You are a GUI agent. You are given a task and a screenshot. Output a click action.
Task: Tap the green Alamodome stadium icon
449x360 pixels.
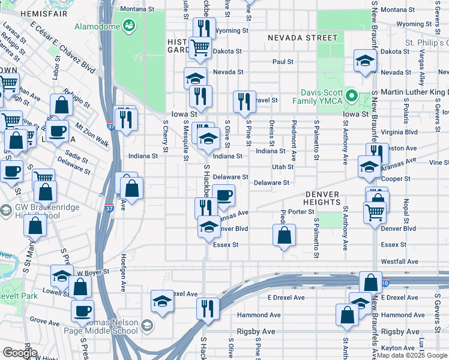pyautogui.click(x=128, y=26)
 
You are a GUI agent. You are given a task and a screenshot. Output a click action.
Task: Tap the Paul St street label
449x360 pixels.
pyautogui.click(x=282, y=62)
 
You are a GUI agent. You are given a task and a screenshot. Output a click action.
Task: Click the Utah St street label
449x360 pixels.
pyautogui.click(x=282, y=167)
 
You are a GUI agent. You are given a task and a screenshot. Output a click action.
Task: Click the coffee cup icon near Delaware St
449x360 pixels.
pyautogui.click(x=224, y=194)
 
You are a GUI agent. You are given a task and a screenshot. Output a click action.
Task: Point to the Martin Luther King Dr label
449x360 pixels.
pyautogui.click(x=410, y=92)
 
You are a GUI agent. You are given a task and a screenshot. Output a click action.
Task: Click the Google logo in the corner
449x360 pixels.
pyautogui.click(x=20, y=353)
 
